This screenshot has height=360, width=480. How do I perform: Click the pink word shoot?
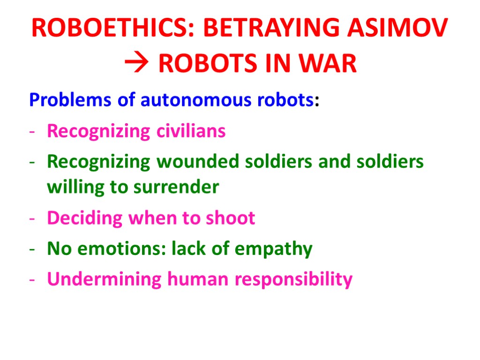(x=230, y=218)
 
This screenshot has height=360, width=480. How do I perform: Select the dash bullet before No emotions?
(x=32, y=249)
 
